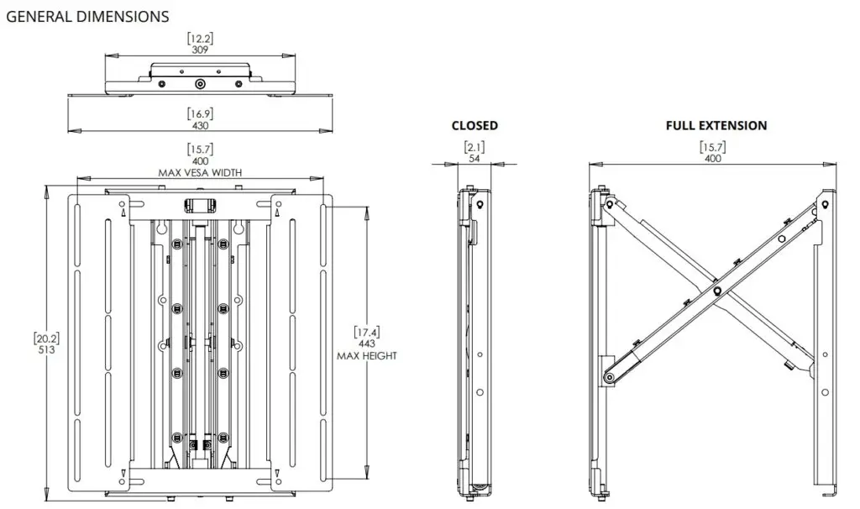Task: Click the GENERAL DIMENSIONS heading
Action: tap(87, 17)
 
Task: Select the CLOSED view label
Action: tap(475, 125)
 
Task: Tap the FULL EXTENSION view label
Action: tap(716, 125)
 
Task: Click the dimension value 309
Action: tap(200, 50)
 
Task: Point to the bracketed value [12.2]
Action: tap(200, 39)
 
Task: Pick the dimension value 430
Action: tap(200, 124)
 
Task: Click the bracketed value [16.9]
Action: tap(200, 113)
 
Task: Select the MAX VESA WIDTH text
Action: tap(200, 173)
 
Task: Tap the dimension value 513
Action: tap(46, 350)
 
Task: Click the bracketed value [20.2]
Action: tap(46, 339)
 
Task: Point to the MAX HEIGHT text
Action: tap(367, 355)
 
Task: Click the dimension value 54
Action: tap(475, 159)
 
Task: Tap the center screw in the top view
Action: tap(200, 84)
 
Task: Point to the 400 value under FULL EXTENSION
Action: tap(712, 159)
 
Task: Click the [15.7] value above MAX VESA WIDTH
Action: tap(200, 150)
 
